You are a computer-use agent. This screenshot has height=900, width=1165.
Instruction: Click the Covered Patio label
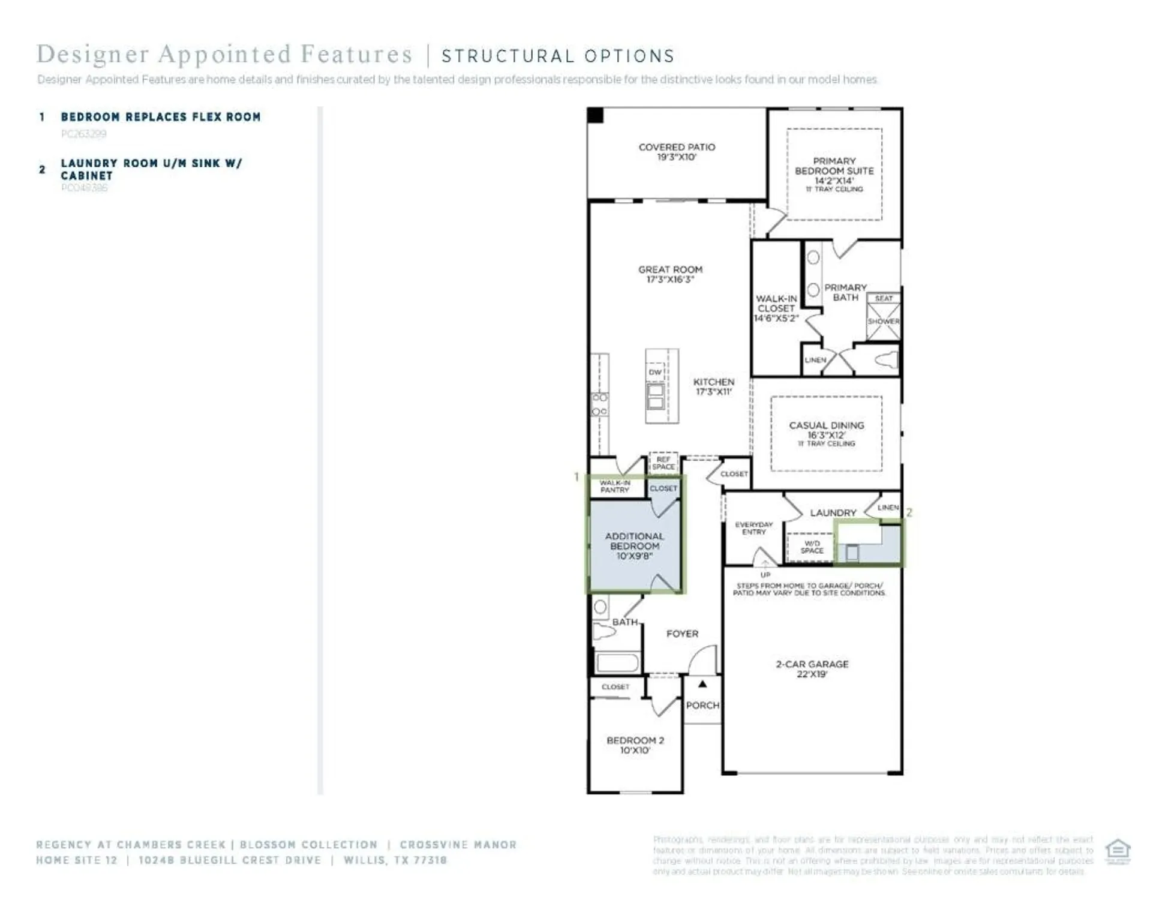point(677,152)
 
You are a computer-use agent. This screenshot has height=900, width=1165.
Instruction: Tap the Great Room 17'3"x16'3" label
point(670,274)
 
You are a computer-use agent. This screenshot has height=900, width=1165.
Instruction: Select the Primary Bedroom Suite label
point(834,171)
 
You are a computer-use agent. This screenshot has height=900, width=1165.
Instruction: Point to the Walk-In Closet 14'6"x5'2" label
point(776,308)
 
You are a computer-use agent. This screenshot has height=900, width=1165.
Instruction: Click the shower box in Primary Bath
point(883,321)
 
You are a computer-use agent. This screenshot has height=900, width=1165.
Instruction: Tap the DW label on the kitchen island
point(655,372)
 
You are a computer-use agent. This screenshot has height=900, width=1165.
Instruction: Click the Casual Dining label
point(826,430)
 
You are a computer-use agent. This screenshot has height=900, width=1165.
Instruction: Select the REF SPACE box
point(663,463)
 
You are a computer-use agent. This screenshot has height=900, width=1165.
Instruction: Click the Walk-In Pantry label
point(615,486)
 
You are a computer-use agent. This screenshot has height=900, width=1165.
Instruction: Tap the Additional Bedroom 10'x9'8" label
point(634,545)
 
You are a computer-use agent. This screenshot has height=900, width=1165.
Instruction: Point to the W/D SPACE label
point(812,547)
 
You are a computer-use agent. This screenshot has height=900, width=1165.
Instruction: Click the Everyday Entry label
point(753,528)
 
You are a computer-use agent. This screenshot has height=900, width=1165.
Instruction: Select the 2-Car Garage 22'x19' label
point(812,668)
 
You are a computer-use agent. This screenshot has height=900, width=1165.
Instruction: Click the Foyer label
point(682,634)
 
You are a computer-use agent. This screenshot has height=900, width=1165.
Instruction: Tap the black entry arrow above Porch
point(702,684)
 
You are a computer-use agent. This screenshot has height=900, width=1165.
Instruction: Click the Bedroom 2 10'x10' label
point(635,745)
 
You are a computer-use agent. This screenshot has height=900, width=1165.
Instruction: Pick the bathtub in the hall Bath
point(617,663)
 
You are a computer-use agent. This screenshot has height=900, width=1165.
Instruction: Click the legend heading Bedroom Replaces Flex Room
point(161,117)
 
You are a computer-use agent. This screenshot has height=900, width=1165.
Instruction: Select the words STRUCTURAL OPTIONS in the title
point(558,56)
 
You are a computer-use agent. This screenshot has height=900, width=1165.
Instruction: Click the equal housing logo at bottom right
point(1118,851)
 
